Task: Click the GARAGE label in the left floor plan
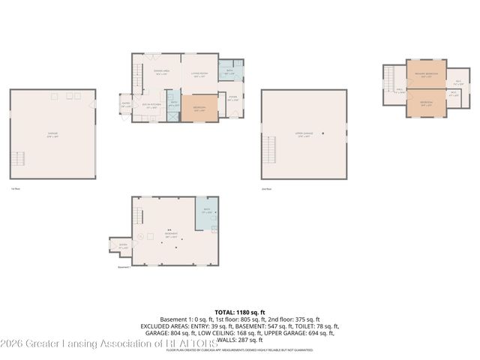52,134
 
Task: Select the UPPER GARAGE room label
304,135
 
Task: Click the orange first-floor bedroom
199,108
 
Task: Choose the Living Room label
199,74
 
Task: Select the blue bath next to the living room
231,73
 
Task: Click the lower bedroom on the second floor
425,104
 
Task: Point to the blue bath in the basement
207,213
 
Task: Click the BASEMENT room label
170,236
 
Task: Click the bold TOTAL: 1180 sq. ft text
240,311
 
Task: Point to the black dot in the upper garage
322,133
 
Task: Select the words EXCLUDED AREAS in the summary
160,325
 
